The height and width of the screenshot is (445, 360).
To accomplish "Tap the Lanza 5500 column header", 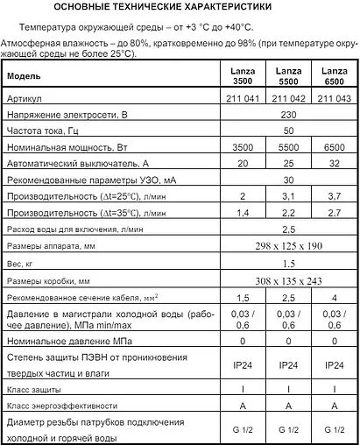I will click(288, 76).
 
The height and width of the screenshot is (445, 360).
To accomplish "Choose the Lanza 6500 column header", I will click(333, 76).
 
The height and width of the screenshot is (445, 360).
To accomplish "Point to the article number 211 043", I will click(333, 100).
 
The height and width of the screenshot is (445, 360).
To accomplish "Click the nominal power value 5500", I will click(288, 148).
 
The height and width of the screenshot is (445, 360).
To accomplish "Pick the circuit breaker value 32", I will click(333, 164).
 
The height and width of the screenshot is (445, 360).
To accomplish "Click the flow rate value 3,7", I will click(333, 196).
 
